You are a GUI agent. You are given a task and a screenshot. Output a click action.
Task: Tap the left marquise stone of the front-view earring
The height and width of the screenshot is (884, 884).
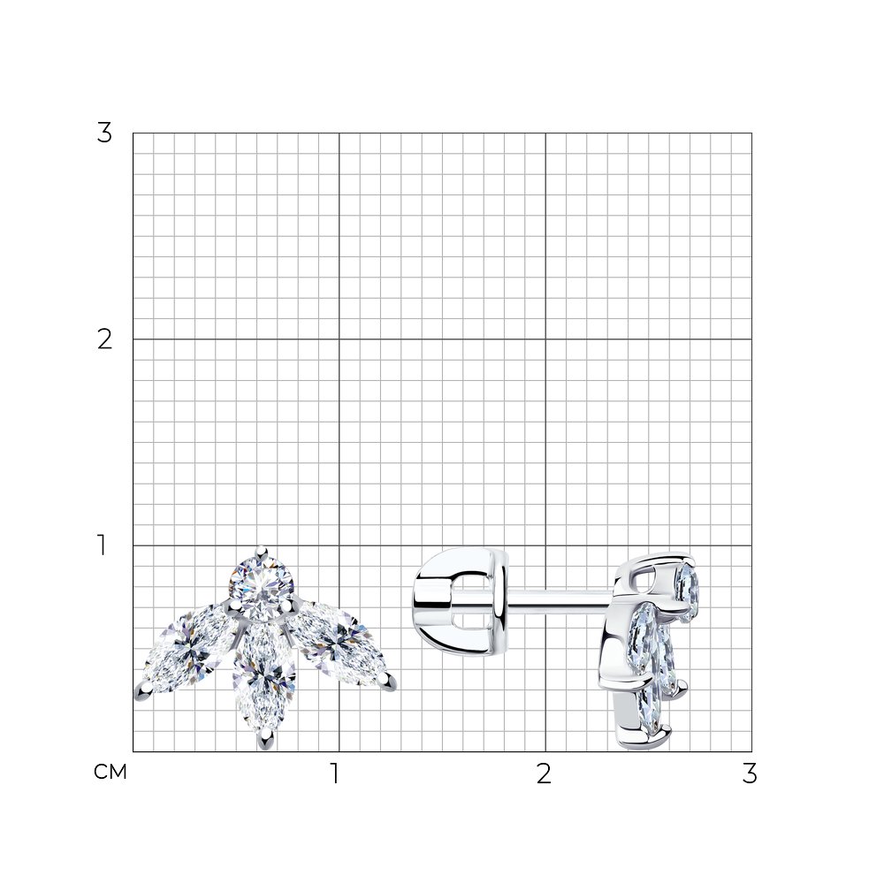187,650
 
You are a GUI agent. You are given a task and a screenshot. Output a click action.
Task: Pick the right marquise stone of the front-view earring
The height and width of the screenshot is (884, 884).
336,643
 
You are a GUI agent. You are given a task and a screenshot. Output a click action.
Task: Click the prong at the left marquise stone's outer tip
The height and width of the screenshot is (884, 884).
141,692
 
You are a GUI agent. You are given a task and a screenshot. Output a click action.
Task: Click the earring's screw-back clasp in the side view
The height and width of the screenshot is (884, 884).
461,601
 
